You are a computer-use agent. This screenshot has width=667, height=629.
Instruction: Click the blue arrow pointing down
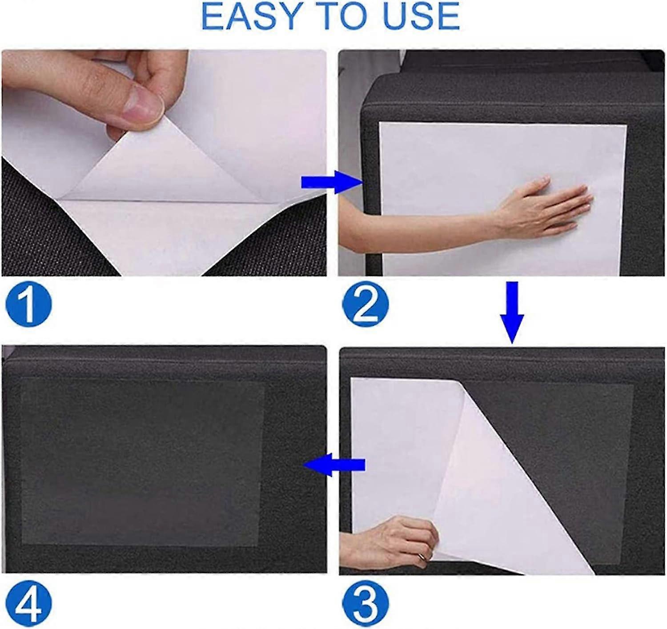tap(512, 311)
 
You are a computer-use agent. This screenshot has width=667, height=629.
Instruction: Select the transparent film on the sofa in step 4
tap(142, 462)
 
